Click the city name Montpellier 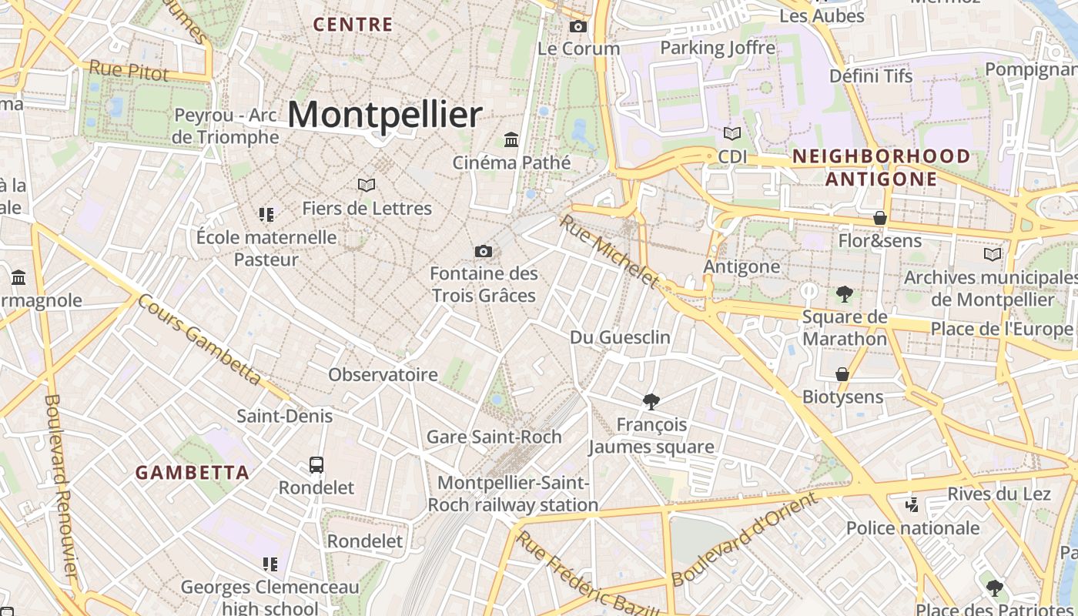coord(385,115)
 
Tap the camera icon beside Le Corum coord(577,27)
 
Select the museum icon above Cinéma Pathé coord(511,139)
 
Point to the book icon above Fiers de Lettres coord(367,185)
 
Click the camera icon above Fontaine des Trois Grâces coord(484,251)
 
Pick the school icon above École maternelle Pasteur coord(266,214)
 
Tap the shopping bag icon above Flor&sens coord(880,218)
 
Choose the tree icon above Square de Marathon coord(845,293)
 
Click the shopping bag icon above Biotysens coord(842,374)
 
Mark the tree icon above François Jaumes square coord(651,401)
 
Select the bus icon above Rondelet coord(316,464)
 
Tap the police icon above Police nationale coord(912,505)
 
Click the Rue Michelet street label coord(610,251)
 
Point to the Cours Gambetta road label coord(199,339)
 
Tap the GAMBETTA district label coord(192,473)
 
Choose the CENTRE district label coord(353,25)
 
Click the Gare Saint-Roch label coord(494,437)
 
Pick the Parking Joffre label coord(718,48)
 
